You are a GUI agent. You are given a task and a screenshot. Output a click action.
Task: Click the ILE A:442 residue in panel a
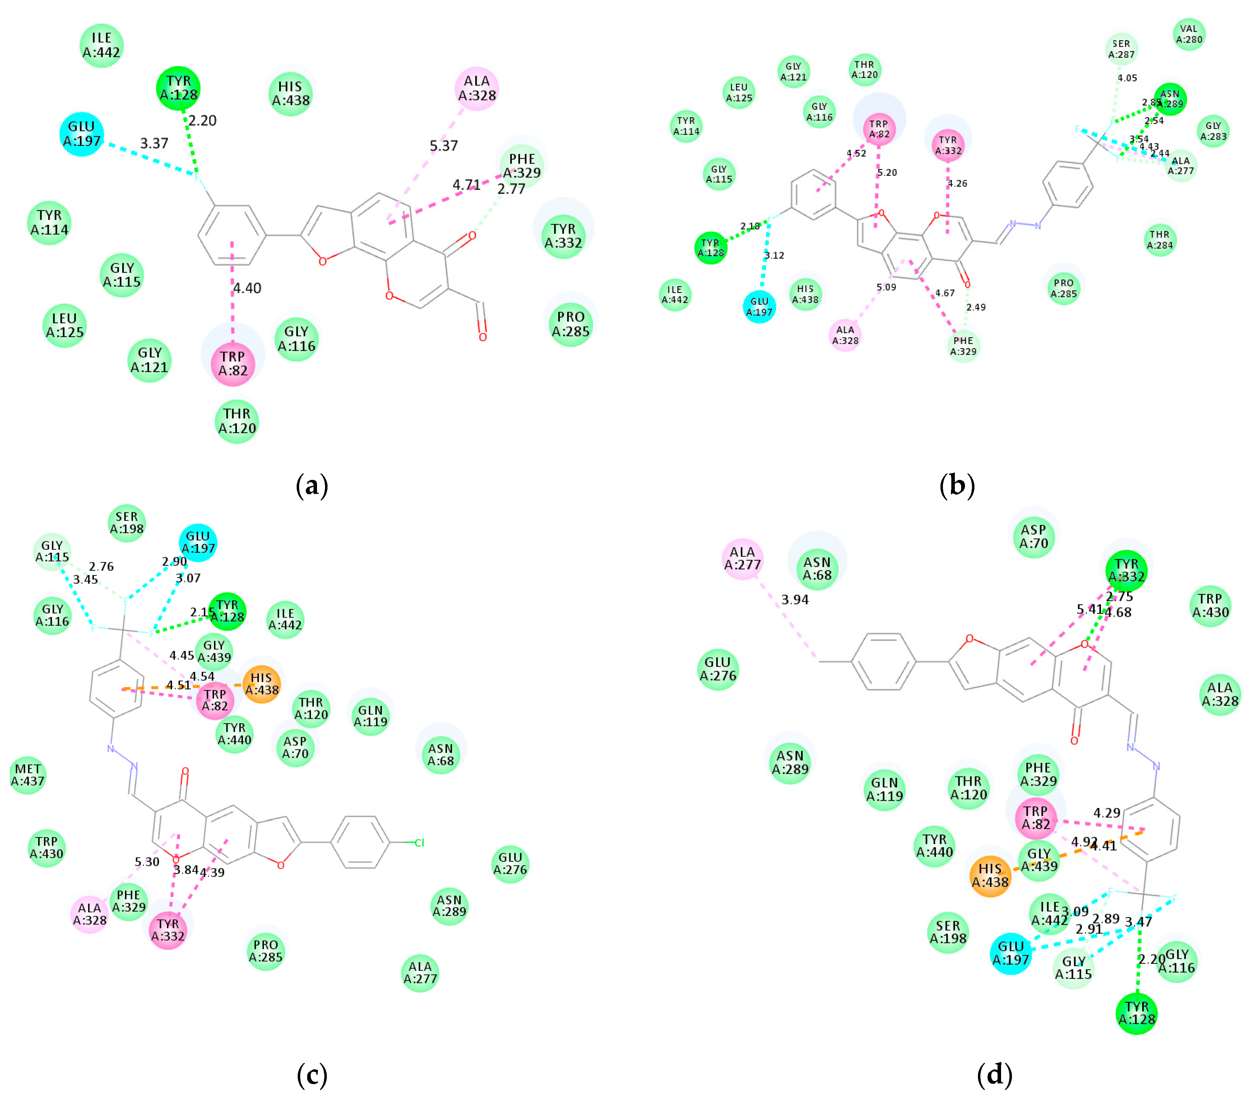coord(102,45)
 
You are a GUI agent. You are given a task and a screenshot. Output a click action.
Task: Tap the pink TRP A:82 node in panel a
coord(233,364)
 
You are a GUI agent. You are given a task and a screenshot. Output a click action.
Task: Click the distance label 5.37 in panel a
coord(443,146)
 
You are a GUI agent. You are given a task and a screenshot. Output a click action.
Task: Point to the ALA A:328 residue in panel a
coord(477,88)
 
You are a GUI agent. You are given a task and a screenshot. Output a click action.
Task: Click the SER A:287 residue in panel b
coord(1121,49)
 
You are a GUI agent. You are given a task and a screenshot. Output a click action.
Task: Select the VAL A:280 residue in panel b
coord(1189,34)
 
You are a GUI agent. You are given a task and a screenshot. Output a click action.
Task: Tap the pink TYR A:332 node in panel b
coord(948,145)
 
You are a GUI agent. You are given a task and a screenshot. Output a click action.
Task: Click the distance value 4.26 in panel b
coord(957,184)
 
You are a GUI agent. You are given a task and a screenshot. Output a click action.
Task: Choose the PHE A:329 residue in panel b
coord(963,346)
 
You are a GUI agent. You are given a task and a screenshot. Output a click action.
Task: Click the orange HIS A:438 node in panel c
coord(262,684)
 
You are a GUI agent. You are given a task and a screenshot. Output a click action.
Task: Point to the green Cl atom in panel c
coord(420,843)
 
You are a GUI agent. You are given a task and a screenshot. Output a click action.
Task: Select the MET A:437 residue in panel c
coord(28,775)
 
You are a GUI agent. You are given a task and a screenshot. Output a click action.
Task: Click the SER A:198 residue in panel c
coord(126,523)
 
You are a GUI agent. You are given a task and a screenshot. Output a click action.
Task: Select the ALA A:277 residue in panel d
coord(743,558)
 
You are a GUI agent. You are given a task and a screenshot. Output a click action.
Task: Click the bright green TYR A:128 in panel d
coord(1136,1013)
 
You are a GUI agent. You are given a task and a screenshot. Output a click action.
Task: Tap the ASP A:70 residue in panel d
coord(1034,536)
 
